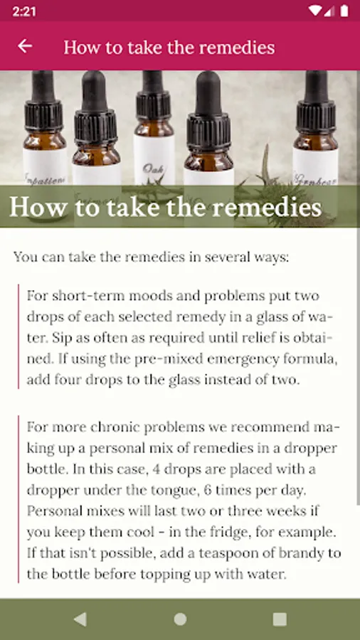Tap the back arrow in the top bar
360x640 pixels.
(24, 46)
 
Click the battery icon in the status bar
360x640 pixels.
(344, 11)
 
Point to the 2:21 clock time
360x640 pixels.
(24, 11)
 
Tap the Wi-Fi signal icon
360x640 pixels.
(315, 11)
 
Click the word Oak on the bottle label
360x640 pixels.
(151, 168)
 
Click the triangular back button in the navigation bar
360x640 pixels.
(80, 619)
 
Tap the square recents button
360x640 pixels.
(280, 619)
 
